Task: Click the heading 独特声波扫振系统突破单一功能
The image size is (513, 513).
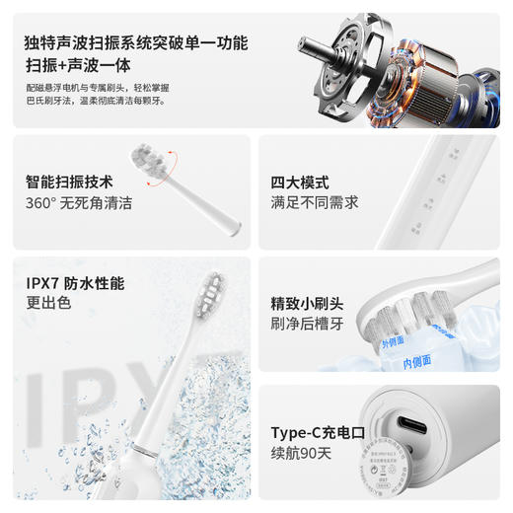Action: tap(137, 43)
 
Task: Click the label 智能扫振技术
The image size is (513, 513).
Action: tap(69, 182)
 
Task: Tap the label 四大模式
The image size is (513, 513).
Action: tap(300, 182)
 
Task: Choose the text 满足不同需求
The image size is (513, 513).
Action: tap(315, 203)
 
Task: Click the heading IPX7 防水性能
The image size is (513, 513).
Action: tap(75, 283)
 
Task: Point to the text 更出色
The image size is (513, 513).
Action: tap(48, 304)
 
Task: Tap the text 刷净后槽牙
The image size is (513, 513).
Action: tap(307, 324)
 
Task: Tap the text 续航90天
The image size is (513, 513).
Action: tap(302, 455)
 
